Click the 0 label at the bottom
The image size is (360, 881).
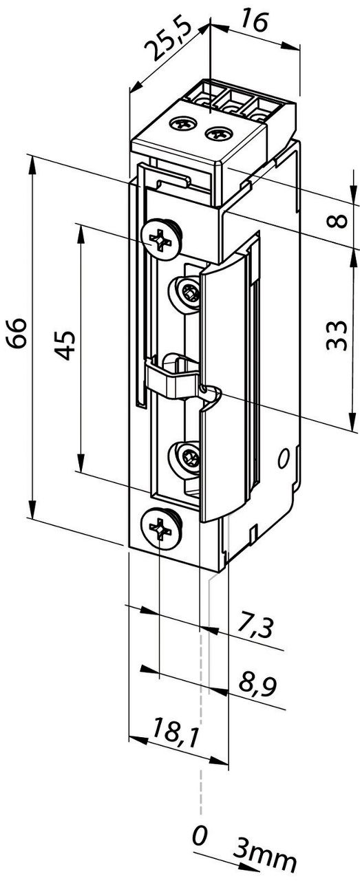point(200,836)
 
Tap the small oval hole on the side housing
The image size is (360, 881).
point(282,458)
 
